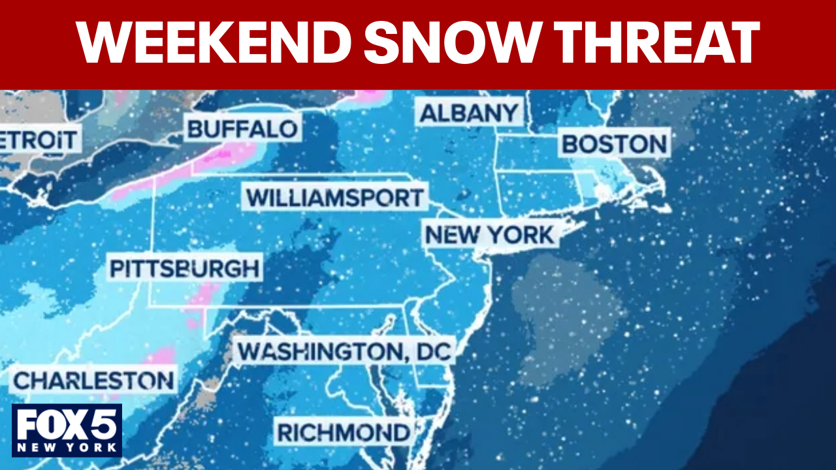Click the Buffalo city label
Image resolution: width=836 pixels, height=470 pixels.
pyautogui.click(x=242, y=129)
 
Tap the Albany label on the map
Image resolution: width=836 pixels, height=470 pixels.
pyautogui.click(x=469, y=113)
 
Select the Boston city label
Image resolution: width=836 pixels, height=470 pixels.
pyautogui.click(x=615, y=144)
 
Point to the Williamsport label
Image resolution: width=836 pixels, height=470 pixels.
pyautogui.click(x=335, y=197)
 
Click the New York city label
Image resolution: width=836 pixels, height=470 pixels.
pyautogui.click(x=489, y=235)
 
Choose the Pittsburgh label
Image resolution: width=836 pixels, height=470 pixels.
pyautogui.click(x=184, y=268)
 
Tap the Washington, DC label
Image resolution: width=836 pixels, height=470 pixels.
pyautogui.click(x=344, y=352)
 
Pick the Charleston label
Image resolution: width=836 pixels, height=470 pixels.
pyautogui.click(x=94, y=381)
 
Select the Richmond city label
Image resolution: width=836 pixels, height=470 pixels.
pyautogui.click(x=344, y=432)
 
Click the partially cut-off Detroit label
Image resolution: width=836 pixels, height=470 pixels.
pyautogui.click(x=39, y=140)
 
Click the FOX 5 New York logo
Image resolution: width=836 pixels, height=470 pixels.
pyautogui.click(x=67, y=430)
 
